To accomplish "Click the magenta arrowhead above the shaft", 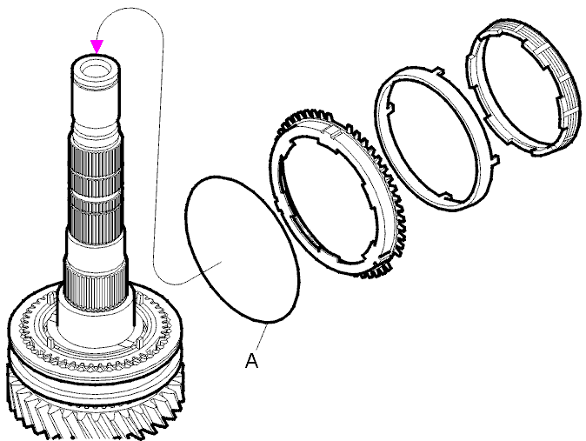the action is tap(97, 46).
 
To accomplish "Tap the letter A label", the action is tap(252, 361).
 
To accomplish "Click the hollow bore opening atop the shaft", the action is tap(96, 70).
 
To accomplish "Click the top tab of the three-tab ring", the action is tap(440, 70).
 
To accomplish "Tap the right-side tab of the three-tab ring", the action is tap(494, 160).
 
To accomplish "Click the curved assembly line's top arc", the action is tap(129, 11).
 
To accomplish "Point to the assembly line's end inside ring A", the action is tap(223, 262).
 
